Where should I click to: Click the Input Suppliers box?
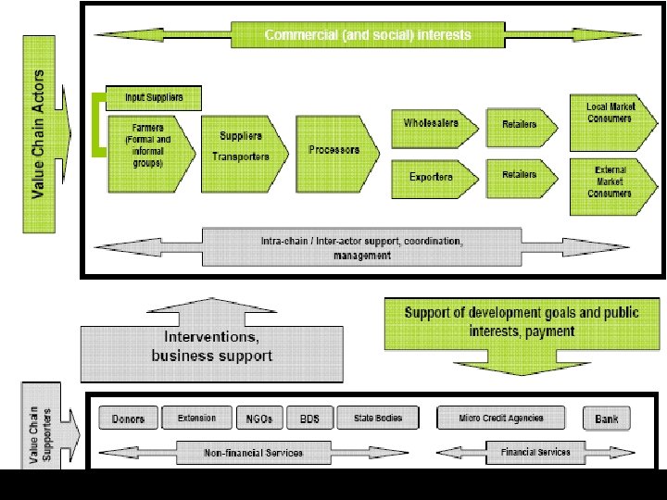pos(154,97)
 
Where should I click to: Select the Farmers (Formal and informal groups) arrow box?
pos(148,144)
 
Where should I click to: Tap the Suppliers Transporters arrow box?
pos(240,145)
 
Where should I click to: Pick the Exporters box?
pos(432,176)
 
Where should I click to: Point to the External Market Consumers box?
pos(609,181)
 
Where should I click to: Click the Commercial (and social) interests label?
pos(368,35)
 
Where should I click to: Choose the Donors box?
pos(128,419)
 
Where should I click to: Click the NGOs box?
pos(259,419)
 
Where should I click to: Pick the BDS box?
pos(309,419)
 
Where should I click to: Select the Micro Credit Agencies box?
pos(501,419)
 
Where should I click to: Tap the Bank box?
pos(607,419)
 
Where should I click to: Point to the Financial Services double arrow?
pos(535,453)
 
